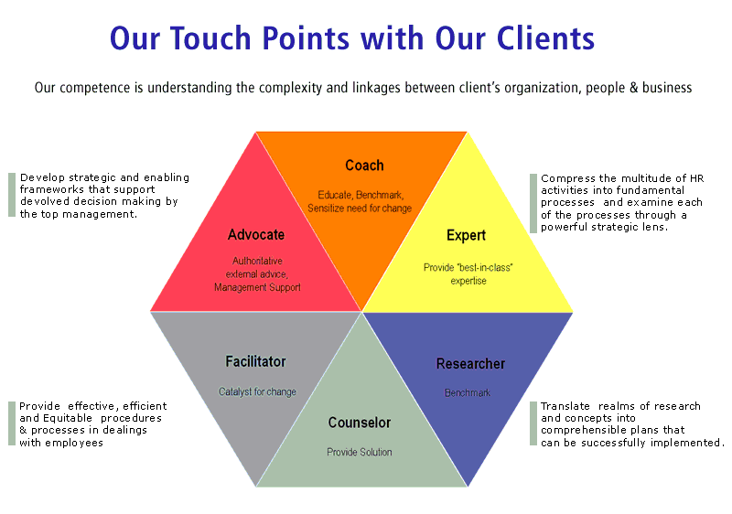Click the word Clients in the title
[542, 38]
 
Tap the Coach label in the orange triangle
[364, 166]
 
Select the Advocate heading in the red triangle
[256, 235]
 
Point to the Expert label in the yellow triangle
[466, 236]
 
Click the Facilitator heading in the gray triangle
[255, 362]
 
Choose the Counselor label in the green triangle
[360, 423]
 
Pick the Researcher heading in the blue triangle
[470, 364]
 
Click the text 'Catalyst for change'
[257, 392]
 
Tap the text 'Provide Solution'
[360, 452]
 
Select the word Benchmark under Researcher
[468, 393]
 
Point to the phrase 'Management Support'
[257, 287]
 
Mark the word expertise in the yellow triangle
[468, 281]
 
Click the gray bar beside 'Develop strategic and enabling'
[12, 195]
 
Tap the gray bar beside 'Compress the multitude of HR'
[533, 202]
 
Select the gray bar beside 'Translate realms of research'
[533, 423]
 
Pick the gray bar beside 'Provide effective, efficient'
[12, 423]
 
